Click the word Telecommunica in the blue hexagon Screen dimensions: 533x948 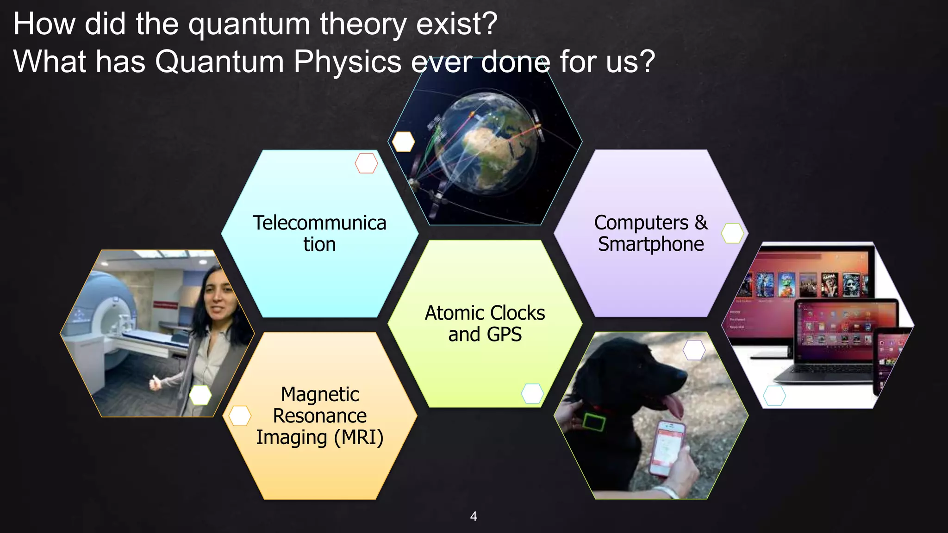(319, 223)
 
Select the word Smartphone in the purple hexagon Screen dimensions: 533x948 (651, 244)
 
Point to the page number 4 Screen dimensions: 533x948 (474, 516)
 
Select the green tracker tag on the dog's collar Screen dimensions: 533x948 (594, 422)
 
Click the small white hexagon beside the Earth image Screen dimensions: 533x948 (403, 142)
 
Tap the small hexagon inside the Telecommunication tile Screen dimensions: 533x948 (366, 163)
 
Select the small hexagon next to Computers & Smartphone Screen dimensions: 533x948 (732, 233)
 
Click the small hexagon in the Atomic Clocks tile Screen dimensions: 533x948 (532, 394)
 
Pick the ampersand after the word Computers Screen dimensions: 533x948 (701, 223)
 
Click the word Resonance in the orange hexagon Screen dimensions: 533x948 (319, 415)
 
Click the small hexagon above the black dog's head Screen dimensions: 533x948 (694, 350)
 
